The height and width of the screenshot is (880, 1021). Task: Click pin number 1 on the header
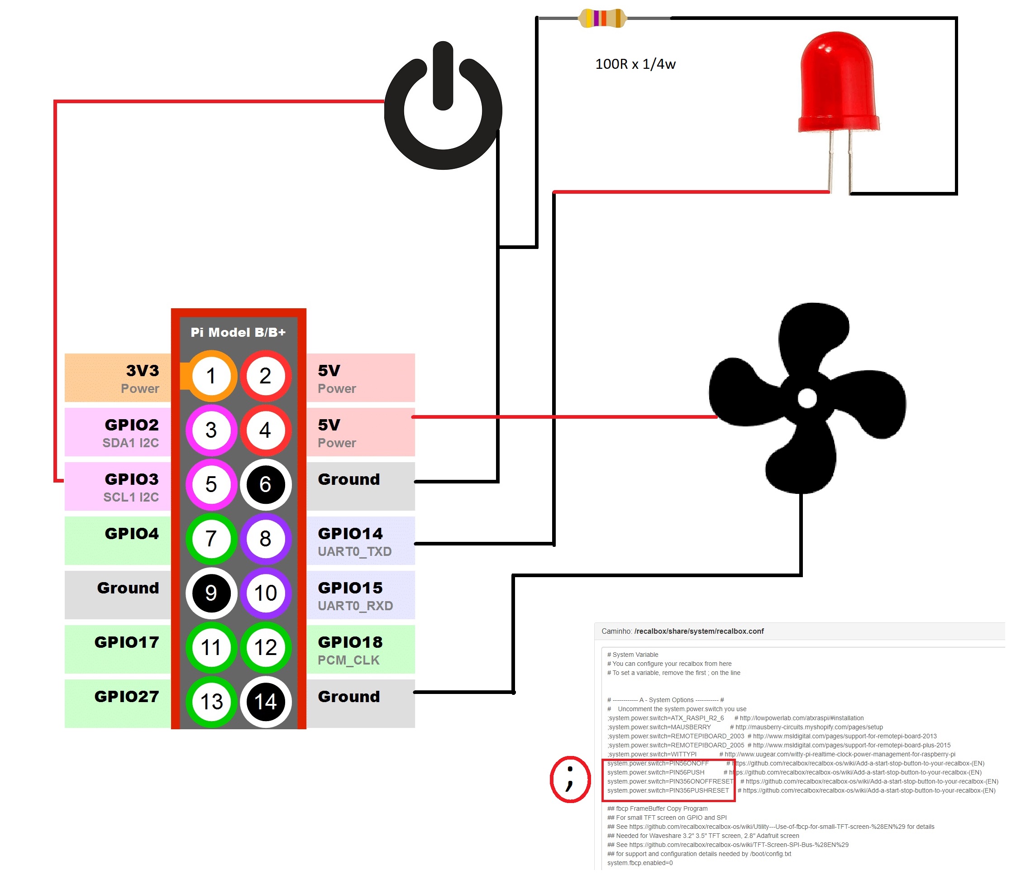(x=211, y=376)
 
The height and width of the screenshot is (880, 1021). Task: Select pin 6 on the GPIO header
(x=265, y=485)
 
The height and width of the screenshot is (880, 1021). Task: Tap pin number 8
(x=265, y=539)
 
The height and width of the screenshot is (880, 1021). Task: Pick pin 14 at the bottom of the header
(x=265, y=702)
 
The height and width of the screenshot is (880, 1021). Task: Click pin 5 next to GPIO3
(x=211, y=485)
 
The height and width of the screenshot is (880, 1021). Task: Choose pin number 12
(x=265, y=647)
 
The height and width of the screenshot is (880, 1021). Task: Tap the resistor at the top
(x=602, y=18)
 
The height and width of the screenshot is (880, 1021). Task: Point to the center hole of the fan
(x=806, y=398)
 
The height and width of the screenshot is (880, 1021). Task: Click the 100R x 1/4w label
(x=635, y=64)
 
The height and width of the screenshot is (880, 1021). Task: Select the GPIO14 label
(x=350, y=533)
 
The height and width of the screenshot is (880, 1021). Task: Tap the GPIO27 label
(x=127, y=697)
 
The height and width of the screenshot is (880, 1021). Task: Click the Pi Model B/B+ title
(x=238, y=332)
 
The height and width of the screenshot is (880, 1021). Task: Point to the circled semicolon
(x=570, y=780)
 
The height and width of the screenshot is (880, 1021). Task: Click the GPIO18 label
(x=350, y=642)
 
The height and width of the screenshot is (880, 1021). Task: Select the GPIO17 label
(x=127, y=642)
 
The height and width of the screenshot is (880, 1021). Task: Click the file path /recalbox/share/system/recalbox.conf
(x=699, y=631)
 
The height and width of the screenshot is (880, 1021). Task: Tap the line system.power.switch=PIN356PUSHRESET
(x=668, y=790)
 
